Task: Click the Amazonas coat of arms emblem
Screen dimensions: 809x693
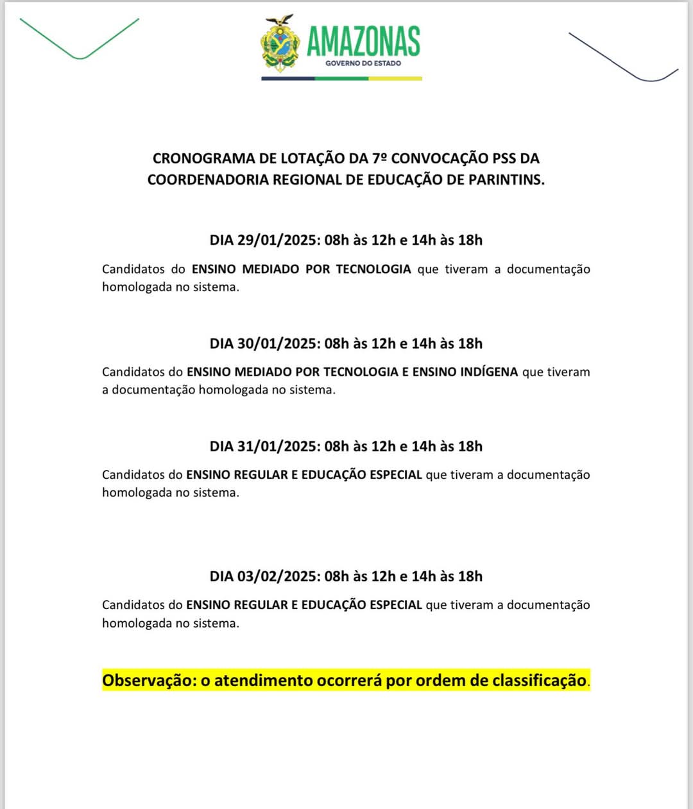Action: coord(280,43)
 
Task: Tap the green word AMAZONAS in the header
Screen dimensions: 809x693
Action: coord(363,41)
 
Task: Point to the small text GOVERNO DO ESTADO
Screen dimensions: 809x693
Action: coord(363,63)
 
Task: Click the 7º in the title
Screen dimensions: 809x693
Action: coord(379,158)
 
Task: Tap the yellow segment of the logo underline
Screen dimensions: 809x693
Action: coord(395,79)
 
